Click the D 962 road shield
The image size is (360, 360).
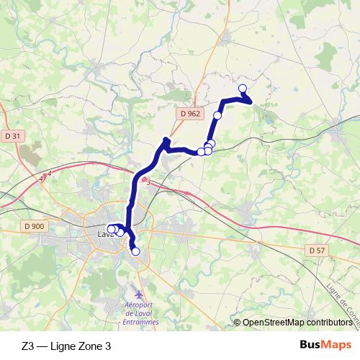[x=190, y=113]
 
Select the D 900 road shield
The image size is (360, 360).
[x=34, y=226]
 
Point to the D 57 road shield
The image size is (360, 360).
[x=315, y=250]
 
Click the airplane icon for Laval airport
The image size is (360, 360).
[x=140, y=294]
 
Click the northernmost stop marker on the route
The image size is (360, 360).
[x=242, y=89]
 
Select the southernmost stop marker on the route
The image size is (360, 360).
[x=135, y=251]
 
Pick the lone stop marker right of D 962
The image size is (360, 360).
[x=217, y=115]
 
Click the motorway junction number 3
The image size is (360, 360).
[x=148, y=182]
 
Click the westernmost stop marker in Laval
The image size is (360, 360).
[x=111, y=229]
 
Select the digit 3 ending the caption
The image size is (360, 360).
[x=108, y=346]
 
